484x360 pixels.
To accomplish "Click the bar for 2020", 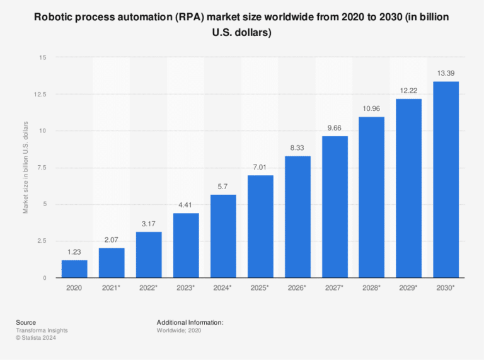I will pos(74,269).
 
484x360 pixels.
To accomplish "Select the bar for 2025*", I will pos(260,226).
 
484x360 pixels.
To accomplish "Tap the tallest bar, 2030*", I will pos(446,180).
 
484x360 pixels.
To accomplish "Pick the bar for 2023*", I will pos(186,245).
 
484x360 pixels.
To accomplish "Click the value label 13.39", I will pos(446,74).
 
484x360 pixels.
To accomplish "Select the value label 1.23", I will pos(74,252).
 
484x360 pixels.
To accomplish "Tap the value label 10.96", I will pos(372,109).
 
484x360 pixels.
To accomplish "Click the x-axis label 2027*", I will pos(335,287).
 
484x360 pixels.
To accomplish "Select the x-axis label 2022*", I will pos(149,287).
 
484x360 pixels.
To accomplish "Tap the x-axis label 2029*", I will pos(409,287).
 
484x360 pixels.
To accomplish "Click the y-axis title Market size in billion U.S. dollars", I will pos(26,167).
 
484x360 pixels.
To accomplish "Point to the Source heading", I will pos(26,322).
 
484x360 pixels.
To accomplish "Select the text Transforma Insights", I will pos(42,330).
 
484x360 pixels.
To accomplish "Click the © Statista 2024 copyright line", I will pos(37,338).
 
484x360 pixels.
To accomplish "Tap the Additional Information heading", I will pos(190,322).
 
